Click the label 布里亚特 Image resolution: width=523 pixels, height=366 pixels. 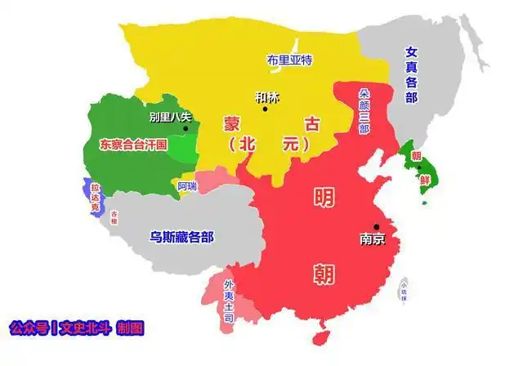pos(289,59)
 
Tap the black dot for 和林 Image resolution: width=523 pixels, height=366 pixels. pos(265,109)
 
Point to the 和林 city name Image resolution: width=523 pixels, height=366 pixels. pos(266,97)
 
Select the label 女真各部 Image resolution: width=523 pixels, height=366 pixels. pos(410,74)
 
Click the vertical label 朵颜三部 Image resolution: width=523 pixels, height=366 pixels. pos(364,111)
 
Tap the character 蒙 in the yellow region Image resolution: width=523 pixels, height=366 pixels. pos(233,124)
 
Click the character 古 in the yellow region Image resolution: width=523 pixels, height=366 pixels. pos(311,123)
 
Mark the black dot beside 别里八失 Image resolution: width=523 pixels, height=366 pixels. pos(186,128)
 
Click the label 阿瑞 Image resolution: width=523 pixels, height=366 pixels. pos(187,185)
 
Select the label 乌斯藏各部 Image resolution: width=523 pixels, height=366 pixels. pos(181,237)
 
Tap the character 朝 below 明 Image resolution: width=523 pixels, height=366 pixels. pos(323,273)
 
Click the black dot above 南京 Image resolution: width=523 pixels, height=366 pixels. pos(377,226)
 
